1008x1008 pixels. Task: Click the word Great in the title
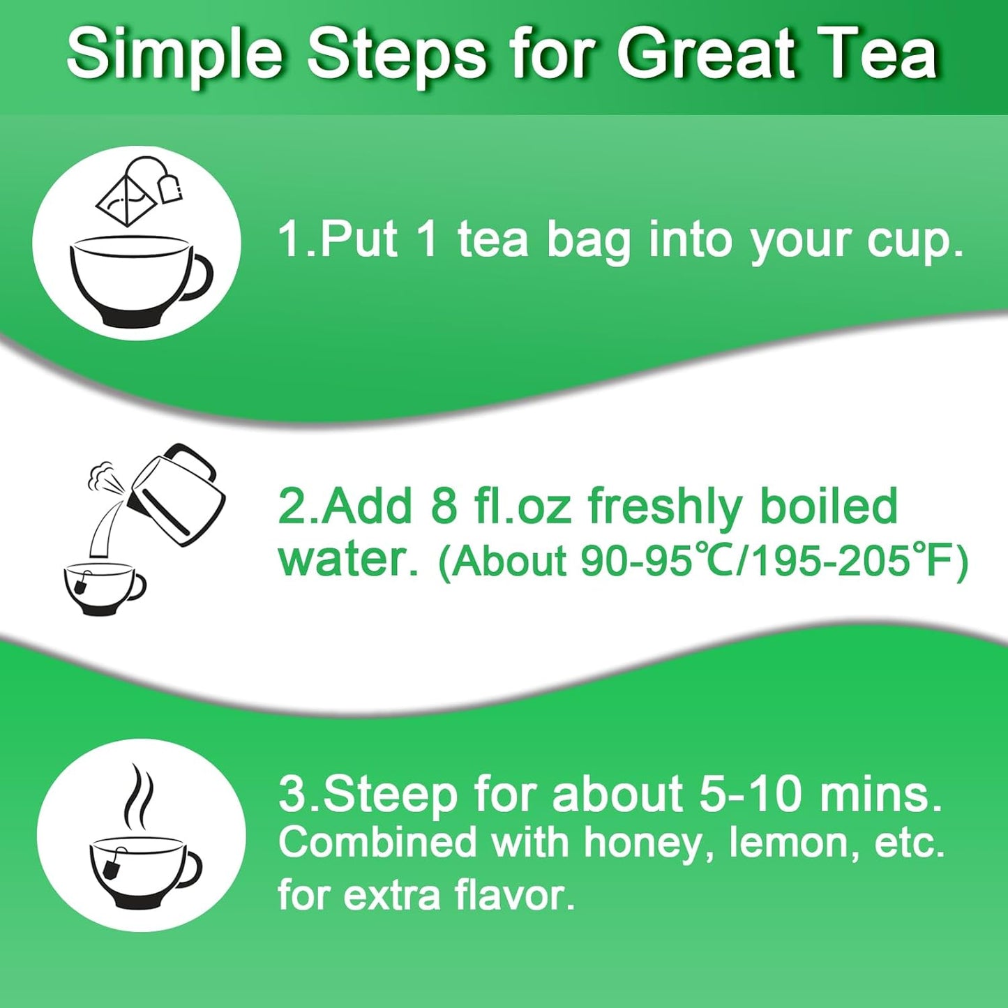click(705, 54)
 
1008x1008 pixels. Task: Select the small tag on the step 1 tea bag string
click(170, 189)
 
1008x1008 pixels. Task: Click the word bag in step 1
click(588, 241)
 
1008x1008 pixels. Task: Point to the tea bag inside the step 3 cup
click(112, 867)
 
